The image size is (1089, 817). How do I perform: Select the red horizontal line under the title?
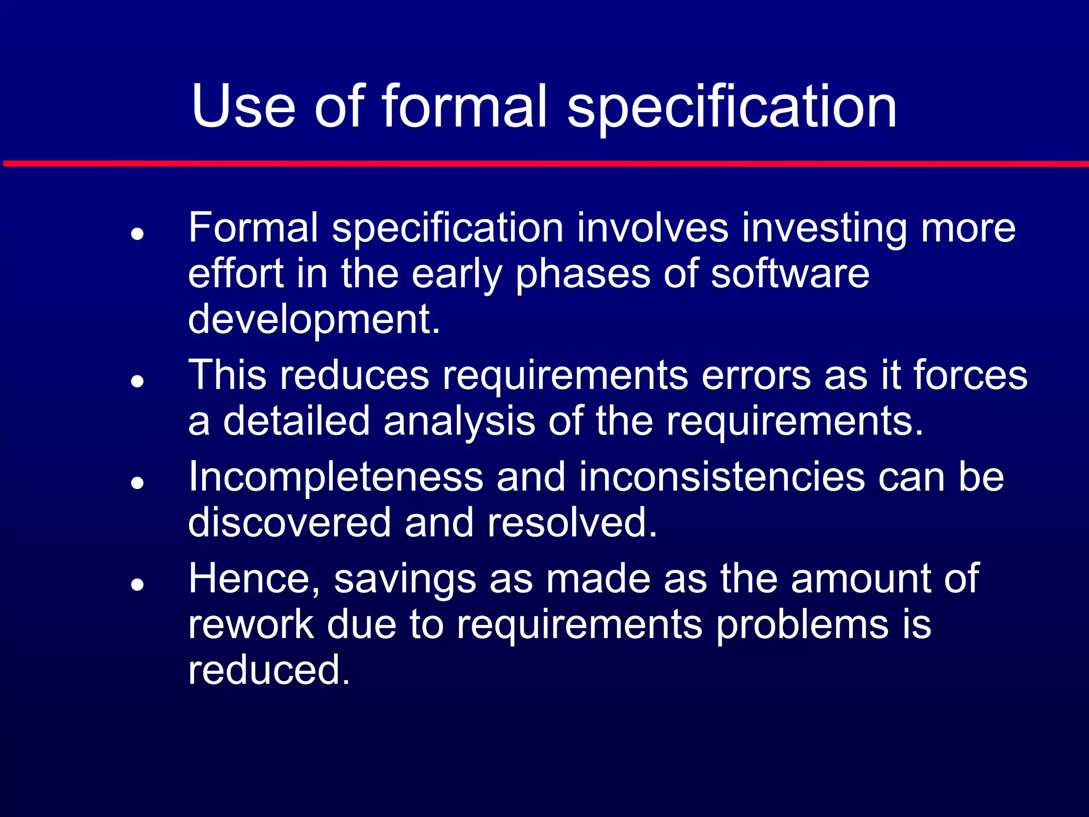pos(544,164)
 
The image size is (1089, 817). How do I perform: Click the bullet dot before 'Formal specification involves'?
pos(138,234)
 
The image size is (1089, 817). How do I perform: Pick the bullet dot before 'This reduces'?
pos(138,381)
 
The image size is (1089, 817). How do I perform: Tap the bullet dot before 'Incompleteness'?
pos(138,483)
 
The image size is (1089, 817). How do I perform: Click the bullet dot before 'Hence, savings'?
pos(138,585)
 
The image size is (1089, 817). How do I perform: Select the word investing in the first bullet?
pos(824,229)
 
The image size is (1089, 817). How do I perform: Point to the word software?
pos(790,274)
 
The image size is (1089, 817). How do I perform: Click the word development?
pos(314,320)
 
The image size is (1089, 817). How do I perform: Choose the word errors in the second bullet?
pos(756,376)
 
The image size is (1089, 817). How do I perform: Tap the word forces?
pos(970,376)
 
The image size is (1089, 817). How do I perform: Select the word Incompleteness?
pos(336,477)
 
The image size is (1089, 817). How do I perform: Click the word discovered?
pos(289,523)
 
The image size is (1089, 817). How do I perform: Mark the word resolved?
pos(572,523)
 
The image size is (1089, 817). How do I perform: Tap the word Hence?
pos(254,579)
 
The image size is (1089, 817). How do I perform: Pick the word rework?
pos(251,624)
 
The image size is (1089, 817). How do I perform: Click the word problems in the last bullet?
pos(802,626)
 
